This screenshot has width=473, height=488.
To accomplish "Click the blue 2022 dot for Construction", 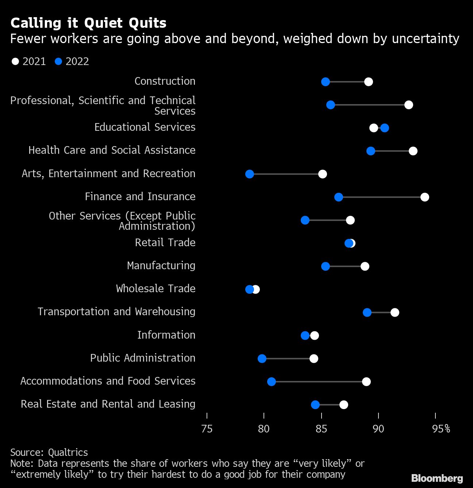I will (x=325, y=82).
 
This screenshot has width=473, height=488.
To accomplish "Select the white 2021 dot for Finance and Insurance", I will (x=424, y=197).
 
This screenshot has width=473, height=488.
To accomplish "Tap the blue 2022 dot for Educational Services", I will (x=384, y=128).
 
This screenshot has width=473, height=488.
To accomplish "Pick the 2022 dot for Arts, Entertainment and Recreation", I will (x=250, y=174).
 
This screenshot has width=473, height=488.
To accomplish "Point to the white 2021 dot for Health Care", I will (x=413, y=151).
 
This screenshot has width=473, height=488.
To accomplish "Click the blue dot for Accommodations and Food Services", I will (x=271, y=382).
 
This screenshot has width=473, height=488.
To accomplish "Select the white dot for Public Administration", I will (x=314, y=359).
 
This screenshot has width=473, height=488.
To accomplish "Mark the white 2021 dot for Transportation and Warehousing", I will (x=395, y=312).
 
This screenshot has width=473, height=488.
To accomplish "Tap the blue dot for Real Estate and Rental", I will (x=315, y=405).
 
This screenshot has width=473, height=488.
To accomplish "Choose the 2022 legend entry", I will (x=72, y=61).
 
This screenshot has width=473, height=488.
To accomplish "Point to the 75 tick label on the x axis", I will (x=207, y=429).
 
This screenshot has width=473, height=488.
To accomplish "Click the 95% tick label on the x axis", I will (x=441, y=429).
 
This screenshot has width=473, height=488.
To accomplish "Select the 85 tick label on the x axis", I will (x=321, y=429).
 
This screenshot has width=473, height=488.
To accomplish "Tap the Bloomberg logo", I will (x=437, y=478).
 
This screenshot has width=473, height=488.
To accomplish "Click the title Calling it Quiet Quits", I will (x=88, y=23).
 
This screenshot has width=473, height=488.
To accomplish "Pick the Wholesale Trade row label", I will (x=155, y=289).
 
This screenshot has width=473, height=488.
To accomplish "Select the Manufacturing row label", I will (x=161, y=266).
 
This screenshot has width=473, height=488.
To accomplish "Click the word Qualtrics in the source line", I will (x=68, y=453).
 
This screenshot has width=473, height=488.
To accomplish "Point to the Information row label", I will (x=166, y=335).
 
